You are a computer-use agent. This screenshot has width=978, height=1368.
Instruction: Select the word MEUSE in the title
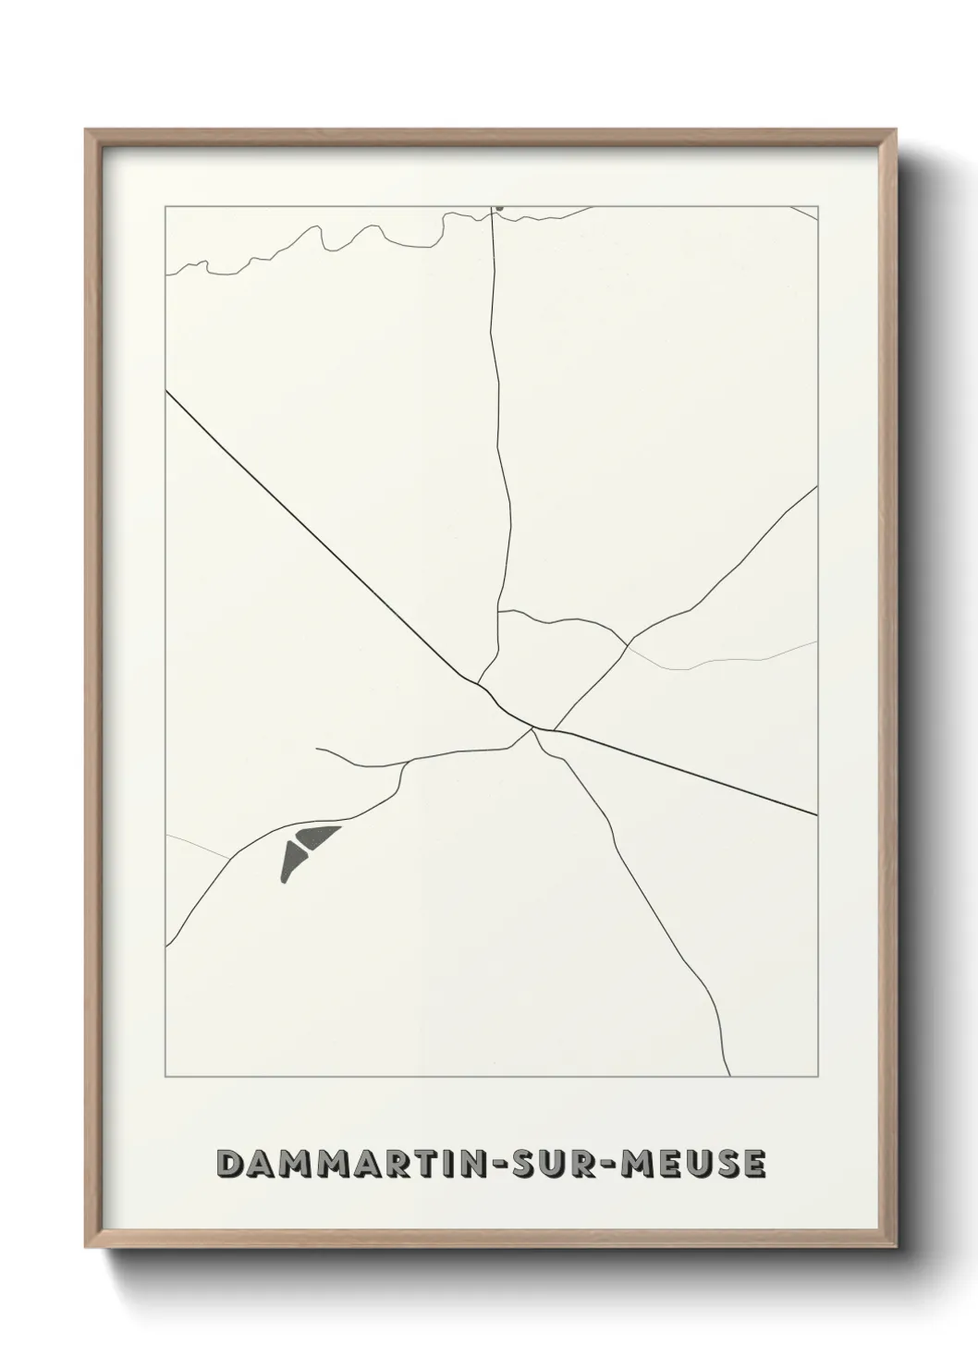click(693, 1164)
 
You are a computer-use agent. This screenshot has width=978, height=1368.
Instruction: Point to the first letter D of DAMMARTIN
click(226, 1164)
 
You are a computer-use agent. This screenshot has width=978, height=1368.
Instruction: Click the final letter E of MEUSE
click(753, 1164)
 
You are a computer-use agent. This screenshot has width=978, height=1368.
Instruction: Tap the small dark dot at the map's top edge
click(498, 209)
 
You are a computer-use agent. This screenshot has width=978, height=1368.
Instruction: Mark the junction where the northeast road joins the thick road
click(553, 730)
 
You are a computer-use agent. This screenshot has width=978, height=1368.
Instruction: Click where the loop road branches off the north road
click(499, 611)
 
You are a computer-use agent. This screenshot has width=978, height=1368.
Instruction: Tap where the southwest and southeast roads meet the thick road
click(533, 729)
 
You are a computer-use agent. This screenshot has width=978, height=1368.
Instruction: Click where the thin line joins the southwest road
click(229, 859)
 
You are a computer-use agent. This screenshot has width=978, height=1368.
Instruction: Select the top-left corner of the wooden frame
click(86, 130)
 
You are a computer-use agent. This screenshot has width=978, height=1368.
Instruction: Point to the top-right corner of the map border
click(818, 206)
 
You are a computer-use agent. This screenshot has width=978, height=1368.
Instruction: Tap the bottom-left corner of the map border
click(165, 1078)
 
